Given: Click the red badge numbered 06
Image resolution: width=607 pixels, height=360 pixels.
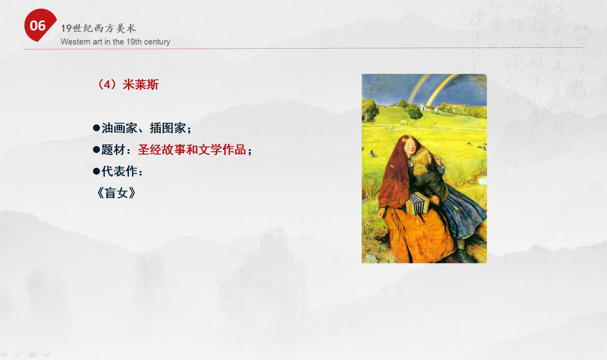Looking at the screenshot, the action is [39, 25].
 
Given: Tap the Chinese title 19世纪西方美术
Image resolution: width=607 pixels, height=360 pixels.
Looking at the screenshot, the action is [98, 28].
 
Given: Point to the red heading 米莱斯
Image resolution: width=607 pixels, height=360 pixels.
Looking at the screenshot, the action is [141, 85].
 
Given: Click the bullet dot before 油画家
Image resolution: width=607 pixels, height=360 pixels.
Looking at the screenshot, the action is [96, 128].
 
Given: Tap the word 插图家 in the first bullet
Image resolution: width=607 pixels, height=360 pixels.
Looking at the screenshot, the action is [168, 128].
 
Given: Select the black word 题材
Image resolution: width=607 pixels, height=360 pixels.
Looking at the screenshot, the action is [113, 150].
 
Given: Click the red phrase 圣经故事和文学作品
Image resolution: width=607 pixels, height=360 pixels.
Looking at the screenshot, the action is [192, 150].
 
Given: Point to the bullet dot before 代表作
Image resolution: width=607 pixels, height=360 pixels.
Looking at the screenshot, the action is [96, 171].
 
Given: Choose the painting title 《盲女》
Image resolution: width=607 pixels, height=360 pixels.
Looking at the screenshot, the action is [116, 193].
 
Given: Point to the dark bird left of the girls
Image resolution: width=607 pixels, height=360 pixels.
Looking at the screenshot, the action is [374, 154].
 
